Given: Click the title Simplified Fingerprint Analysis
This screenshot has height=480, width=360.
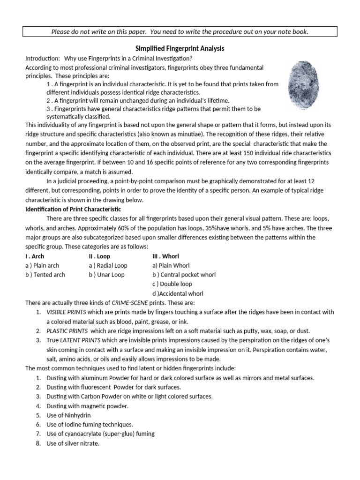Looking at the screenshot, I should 180,49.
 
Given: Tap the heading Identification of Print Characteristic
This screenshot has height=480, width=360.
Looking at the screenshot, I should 73,209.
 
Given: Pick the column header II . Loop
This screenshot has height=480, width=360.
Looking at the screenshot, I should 99,256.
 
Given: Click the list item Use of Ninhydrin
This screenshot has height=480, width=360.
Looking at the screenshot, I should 68,415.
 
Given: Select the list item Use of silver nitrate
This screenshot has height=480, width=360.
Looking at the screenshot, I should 73,443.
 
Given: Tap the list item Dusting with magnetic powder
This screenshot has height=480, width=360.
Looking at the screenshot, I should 87,406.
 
